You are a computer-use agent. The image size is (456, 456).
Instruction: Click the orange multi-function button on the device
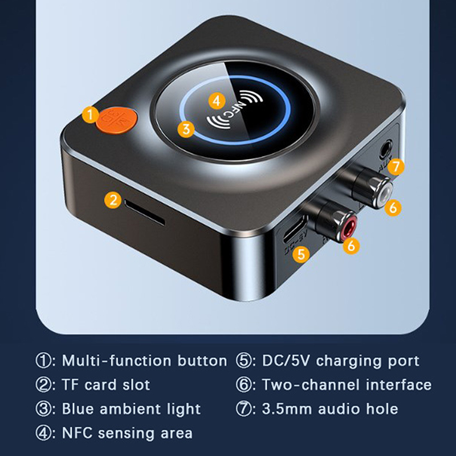click(117, 120)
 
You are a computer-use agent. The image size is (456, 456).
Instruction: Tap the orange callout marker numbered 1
click(91, 115)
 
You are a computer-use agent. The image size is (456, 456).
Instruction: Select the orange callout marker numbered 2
click(113, 200)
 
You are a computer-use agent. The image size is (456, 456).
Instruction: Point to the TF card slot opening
click(145, 212)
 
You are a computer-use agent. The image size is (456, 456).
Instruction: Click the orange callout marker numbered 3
click(186, 129)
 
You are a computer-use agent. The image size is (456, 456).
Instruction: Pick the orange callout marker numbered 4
click(217, 101)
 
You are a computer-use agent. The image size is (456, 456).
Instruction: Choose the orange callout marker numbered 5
click(302, 254)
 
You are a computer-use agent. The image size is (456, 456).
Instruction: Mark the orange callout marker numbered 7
click(396, 166)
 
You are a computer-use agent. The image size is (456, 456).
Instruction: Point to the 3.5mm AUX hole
click(386, 149)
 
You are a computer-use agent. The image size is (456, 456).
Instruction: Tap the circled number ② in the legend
click(43, 385)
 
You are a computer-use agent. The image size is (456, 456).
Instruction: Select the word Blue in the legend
click(78, 409)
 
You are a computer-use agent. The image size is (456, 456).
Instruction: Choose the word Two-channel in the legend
click(311, 385)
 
